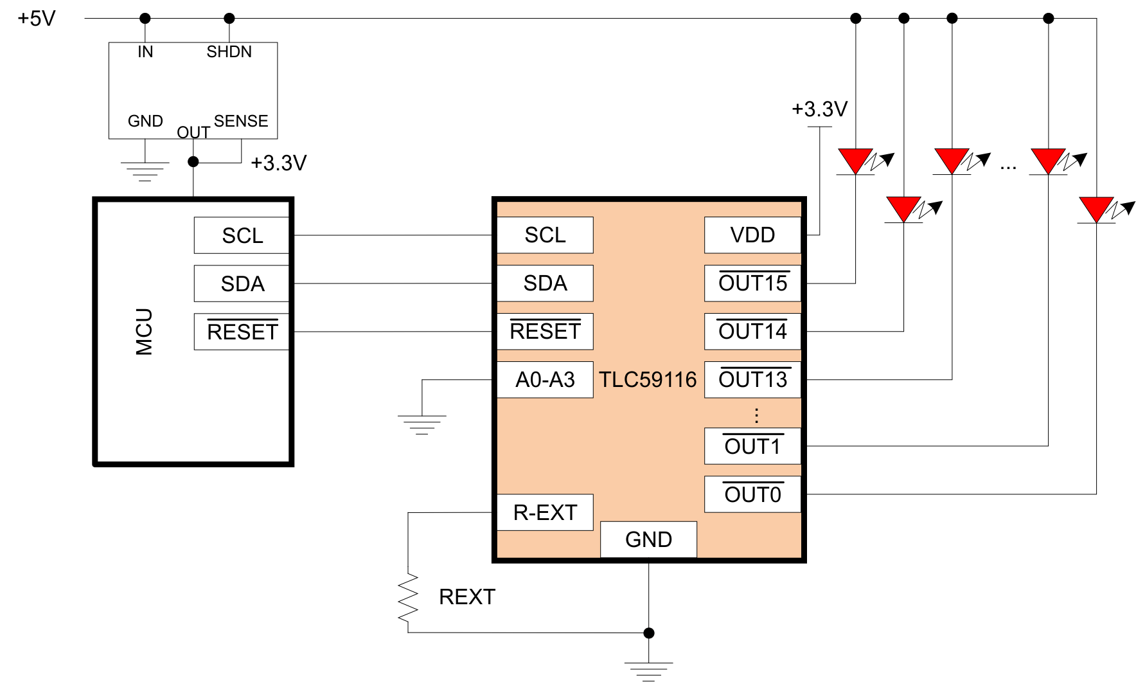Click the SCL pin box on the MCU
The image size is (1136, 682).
pyautogui.click(x=242, y=235)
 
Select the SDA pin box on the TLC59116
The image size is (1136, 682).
pyautogui.click(x=545, y=283)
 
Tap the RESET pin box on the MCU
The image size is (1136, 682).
pyautogui.click(x=242, y=332)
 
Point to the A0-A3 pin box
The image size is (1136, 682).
pyautogui.click(x=545, y=380)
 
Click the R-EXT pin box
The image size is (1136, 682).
pyautogui.click(x=545, y=512)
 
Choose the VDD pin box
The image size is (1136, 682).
pyautogui.click(x=752, y=235)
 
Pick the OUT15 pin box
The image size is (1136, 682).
pyautogui.click(x=752, y=283)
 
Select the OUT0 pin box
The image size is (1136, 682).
pyautogui.click(x=752, y=494)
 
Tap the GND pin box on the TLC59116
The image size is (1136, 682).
pyautogui.click(x=648, y=539)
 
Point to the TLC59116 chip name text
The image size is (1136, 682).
pyautogui.click(x=648, y=380)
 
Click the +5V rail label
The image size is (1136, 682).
pyautogui.click(x=37, y=19)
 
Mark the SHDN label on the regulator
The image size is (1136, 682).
pyautogui.click(x=229, y=52)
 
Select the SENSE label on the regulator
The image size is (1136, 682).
pyautogui.click(x=241, y=121)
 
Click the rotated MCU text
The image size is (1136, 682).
pyautogui.click(x=145, y=332)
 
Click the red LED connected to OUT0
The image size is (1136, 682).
pyautogui.click(x=1097, y=210)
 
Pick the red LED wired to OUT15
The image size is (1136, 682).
pyautogui.click(x=856, y=161)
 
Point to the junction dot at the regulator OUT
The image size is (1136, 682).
pyautogui.click(x=193, y=162)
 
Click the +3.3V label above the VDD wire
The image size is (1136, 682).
pyautogui.click(x=819, y=109)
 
